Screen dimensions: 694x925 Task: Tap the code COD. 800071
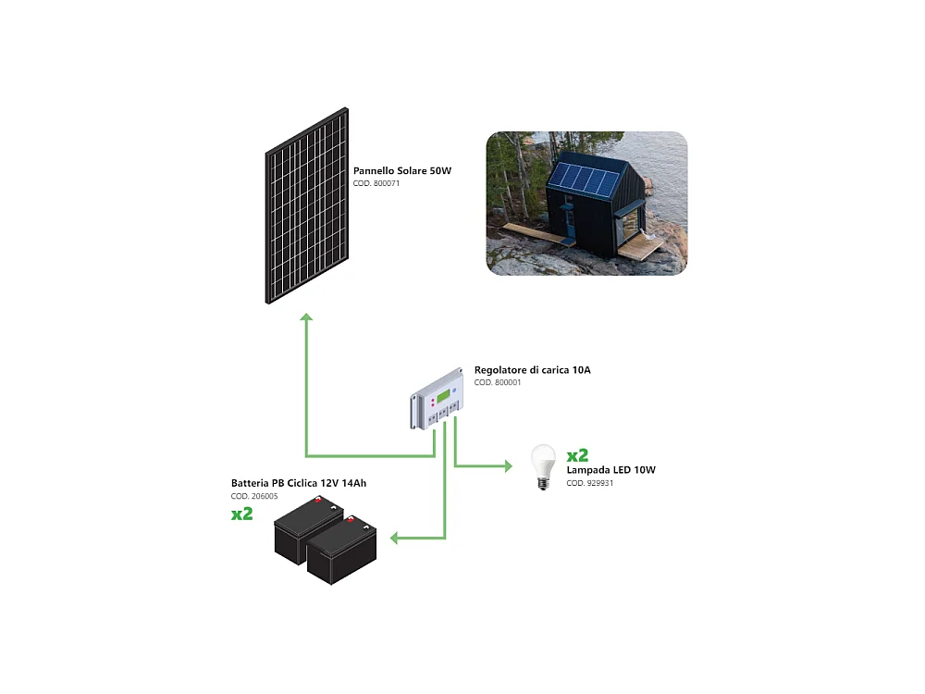[376, 184]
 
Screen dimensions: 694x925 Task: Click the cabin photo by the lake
[586, 204]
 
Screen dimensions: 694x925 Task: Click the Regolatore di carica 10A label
[532, 370]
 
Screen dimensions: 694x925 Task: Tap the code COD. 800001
[498, 383]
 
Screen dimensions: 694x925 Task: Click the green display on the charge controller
[444, 397]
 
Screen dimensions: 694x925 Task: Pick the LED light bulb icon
[542, 465]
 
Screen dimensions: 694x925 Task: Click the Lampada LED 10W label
[610, 470]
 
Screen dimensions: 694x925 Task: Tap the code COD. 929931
[589, 483]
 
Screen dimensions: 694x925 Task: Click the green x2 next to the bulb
[577, 454]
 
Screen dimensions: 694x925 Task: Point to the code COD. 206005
[254, 497]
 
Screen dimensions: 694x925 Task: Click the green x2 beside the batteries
[242, 514]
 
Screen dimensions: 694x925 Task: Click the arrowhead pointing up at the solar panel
[307, 317]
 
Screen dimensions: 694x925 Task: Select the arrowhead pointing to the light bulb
[507, 465]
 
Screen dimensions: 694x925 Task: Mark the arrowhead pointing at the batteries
[394, 538]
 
